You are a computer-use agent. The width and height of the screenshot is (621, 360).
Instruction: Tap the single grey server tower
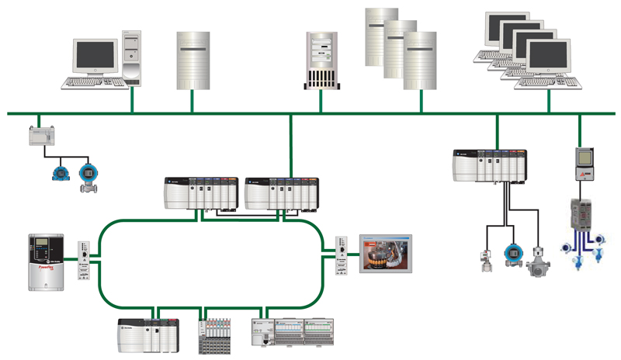[x=193, y=58]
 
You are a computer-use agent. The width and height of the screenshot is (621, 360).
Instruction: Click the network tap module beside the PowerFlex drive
[x=85, y=259]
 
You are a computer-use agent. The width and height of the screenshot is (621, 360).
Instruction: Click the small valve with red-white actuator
[x=486, y=261]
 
